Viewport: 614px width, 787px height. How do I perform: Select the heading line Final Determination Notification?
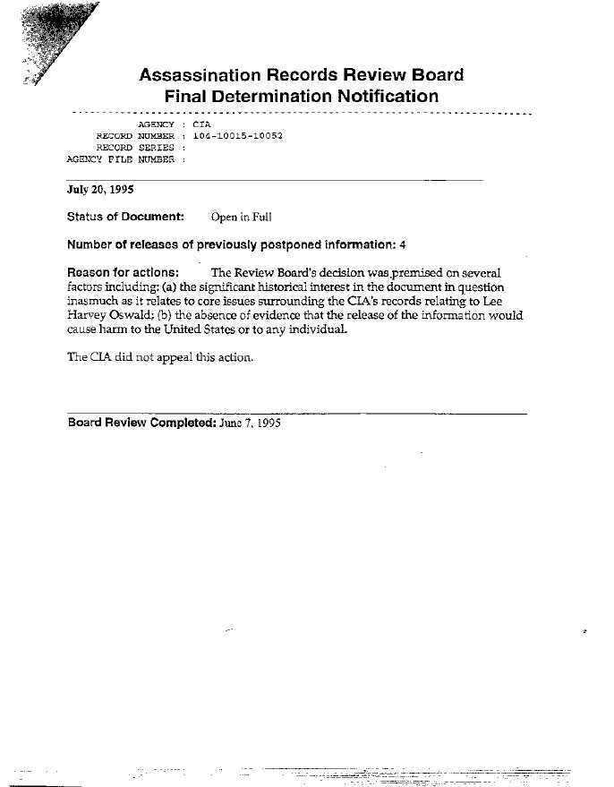click(302, 96)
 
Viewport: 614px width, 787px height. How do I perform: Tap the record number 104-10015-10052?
click(238, 135)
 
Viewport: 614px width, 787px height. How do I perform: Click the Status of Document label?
click(125, 217)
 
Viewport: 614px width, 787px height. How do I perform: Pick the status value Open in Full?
click(241, 217)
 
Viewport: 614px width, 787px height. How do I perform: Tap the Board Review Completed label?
click(141, 423)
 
